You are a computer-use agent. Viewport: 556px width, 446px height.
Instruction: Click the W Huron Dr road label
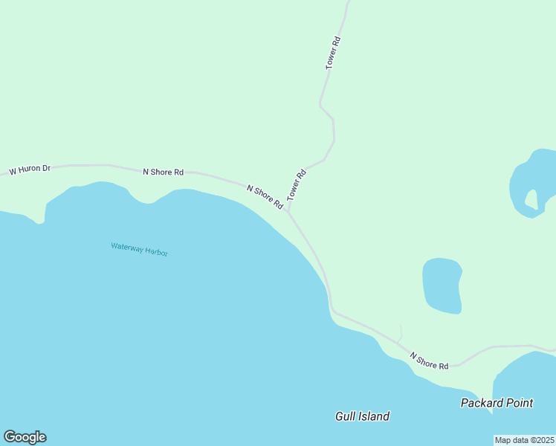click(29, 170)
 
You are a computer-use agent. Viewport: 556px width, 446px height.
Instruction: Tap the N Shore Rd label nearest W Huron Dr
click(163, 172)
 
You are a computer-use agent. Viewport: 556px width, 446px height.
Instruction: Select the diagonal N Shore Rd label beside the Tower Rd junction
click(265, 196)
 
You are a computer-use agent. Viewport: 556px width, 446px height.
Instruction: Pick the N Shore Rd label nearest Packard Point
click(429, 361)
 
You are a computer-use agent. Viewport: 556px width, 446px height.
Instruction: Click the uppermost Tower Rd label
click(333, 53)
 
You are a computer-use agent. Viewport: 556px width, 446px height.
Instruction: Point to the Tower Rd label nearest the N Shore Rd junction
click(297, 185)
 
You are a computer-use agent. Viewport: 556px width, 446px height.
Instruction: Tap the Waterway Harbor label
click(139, 249)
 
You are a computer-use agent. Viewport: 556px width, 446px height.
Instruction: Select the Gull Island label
click(362, 416)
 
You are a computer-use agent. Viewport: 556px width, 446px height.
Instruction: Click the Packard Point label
click(497, 403)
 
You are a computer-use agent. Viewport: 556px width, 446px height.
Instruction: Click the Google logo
click(25, 437)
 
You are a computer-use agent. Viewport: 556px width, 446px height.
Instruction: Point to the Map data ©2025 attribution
click(524, 440)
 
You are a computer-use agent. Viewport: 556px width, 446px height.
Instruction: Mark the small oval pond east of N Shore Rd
click(442, 285)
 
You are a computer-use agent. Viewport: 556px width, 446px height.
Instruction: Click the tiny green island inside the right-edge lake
click(531, 199)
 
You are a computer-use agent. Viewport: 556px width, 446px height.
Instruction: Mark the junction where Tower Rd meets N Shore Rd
click(288, 210)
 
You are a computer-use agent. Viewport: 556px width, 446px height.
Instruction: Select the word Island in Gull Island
click(374, 416)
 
